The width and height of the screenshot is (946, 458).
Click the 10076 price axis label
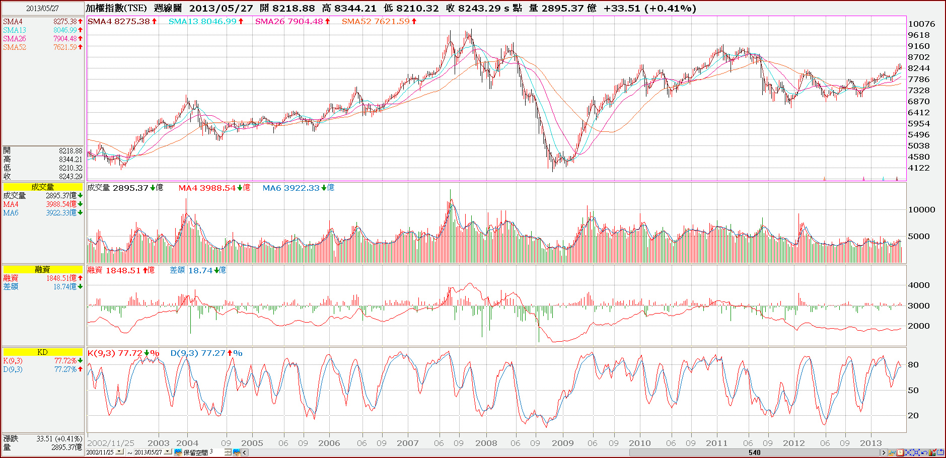click(x=921, y=24)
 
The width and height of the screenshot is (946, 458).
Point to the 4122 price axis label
click(x=918, y=168)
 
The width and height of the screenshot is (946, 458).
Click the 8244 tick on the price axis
click(x=918, y=68)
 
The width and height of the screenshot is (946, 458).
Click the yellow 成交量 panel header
click(x=43, y=187)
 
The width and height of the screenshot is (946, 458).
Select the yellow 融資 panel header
click(x=43, y=269)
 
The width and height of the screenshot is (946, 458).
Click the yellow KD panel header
click(x=43, y=352)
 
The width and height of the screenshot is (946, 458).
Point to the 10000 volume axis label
click(x=921, y=210)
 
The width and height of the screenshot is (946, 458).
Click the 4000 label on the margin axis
click(x=918, y=285)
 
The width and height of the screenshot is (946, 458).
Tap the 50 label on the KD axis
click(x=913, y=391)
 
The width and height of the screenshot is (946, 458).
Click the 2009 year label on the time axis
click(x=562, y=443)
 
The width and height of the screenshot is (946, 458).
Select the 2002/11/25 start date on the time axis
click(x=111, y=443)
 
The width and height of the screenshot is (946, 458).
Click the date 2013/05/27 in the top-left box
click(x=42, y=9)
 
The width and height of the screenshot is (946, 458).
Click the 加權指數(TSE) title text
click(x=116, y=8)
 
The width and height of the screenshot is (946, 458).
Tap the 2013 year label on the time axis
click(x=870, y=443)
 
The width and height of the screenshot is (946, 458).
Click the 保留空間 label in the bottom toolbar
click(x=195, y=452)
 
